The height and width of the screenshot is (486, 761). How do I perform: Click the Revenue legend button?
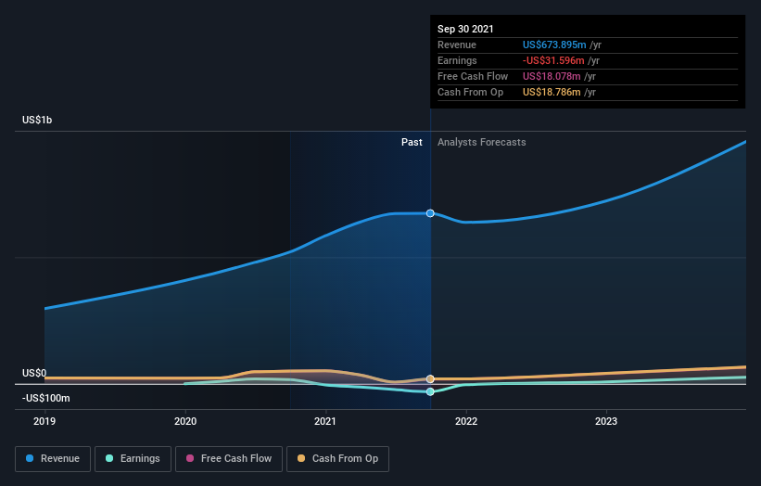point(54,458)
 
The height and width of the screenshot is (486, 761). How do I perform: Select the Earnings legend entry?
point(133,458)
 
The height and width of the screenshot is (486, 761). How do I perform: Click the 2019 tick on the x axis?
point(44,420)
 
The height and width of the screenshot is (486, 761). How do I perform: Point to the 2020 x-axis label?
point(185,420)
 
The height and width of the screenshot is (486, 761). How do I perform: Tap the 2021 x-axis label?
point(325,420)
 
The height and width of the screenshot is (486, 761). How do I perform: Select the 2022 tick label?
point(465,420)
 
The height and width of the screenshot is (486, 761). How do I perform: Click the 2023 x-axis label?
point(606,420)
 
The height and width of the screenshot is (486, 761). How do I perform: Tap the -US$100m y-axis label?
point(45,398)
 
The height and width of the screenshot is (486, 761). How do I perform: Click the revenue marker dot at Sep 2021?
point(430,213)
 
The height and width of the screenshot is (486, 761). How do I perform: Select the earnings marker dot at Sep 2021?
point(430,391)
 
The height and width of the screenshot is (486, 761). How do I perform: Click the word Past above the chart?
point(412,142)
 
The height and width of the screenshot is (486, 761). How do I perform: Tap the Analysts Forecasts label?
point(481,142)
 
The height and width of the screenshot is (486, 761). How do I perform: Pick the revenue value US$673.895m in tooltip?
point(554,45)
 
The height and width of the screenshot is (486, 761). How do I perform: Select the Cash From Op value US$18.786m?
point(552,92)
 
